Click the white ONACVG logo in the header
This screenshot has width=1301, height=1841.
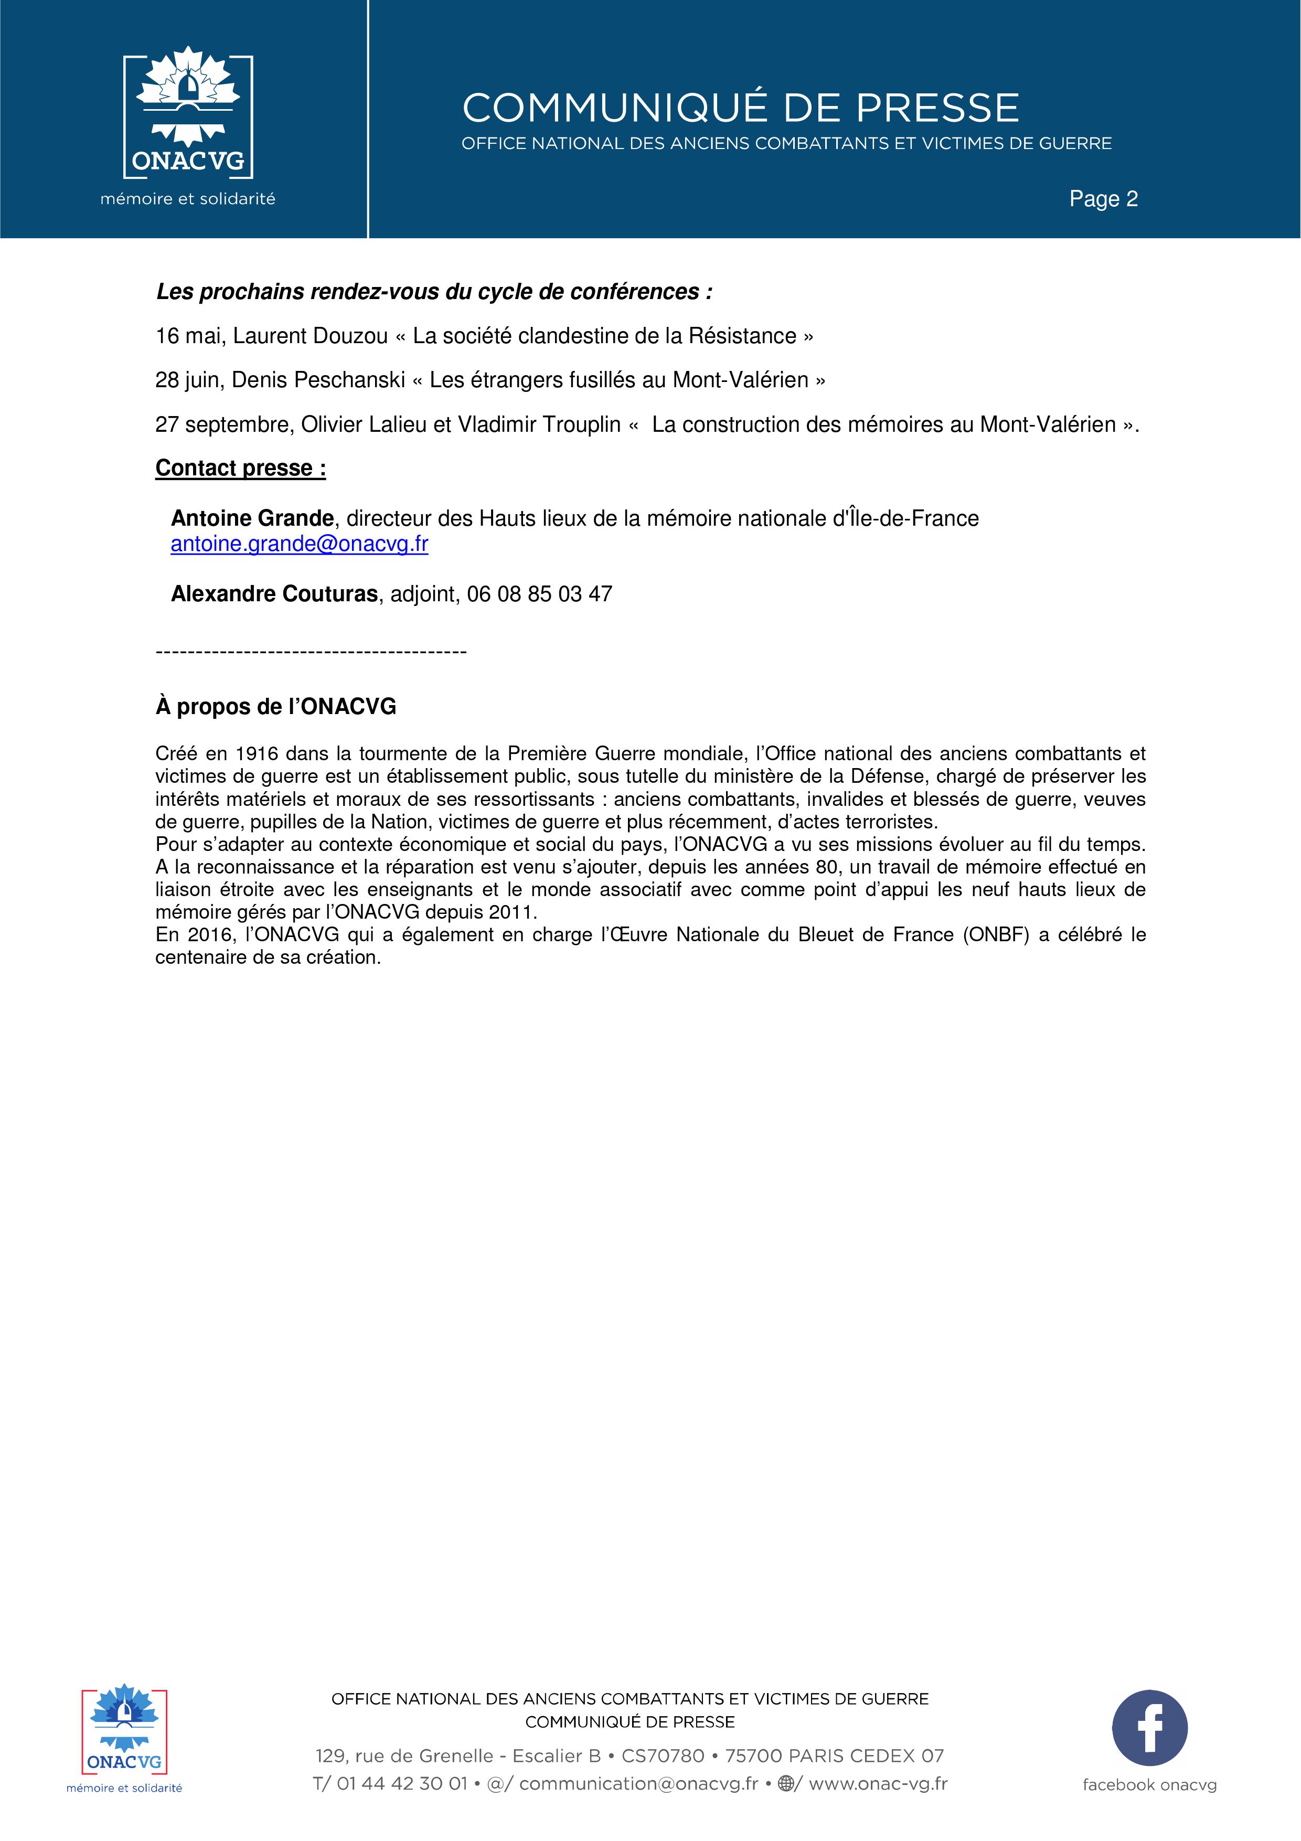[x=188, y=116]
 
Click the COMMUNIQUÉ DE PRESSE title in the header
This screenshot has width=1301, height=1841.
[x=740, y=108]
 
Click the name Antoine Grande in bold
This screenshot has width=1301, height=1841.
[x=252, y=519]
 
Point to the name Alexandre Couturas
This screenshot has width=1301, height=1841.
[x=274, y=594]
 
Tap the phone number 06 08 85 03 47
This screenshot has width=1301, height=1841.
[x=539, y=594]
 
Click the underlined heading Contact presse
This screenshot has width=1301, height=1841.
[x=240, y=469]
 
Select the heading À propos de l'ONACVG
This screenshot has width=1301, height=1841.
[x=276, y=706]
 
